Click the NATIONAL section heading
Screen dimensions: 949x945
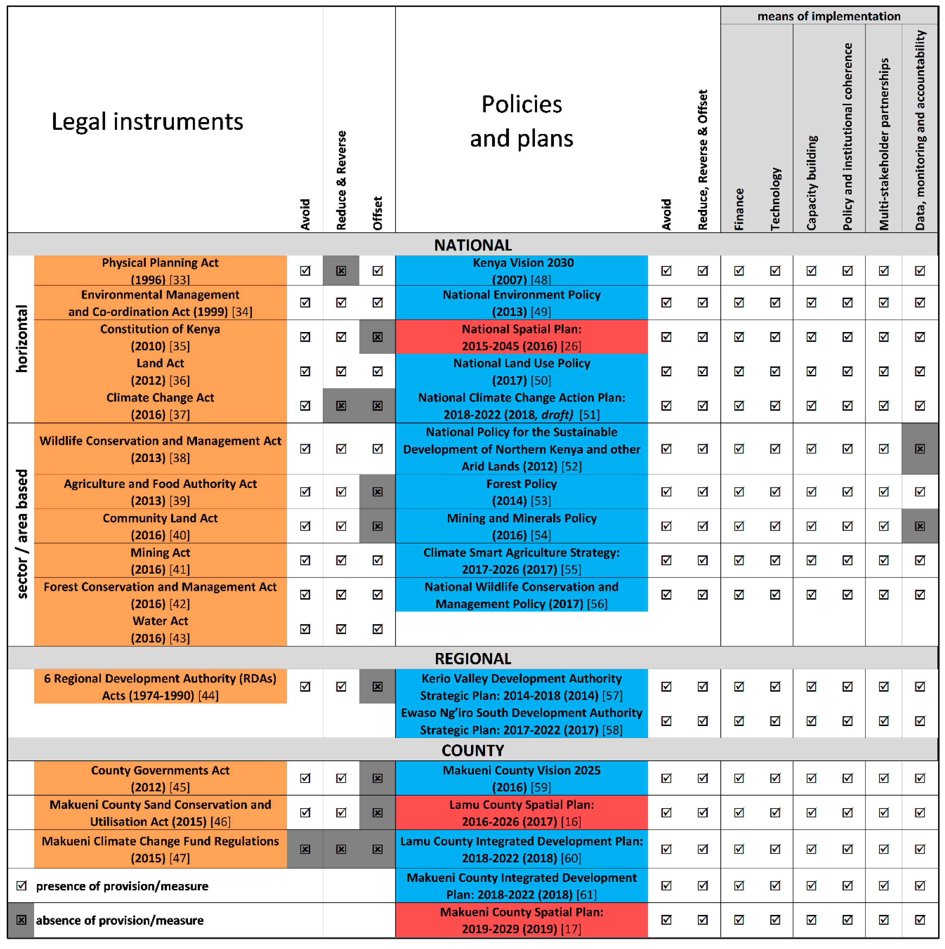coord(472,245)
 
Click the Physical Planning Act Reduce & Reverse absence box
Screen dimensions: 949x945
coord(341,271)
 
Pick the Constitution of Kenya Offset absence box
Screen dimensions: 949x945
coord(378,337)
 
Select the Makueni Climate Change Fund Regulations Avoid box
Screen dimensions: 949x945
coord(305,849)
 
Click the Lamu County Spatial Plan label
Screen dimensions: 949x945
coord(521,813)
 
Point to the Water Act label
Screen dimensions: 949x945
coord(160,629)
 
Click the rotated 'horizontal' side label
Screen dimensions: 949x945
coord(22,339)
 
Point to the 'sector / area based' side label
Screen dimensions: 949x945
coord(22,534)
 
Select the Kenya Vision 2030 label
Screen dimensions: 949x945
coord(521,271)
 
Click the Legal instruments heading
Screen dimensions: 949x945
coord(147,121)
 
